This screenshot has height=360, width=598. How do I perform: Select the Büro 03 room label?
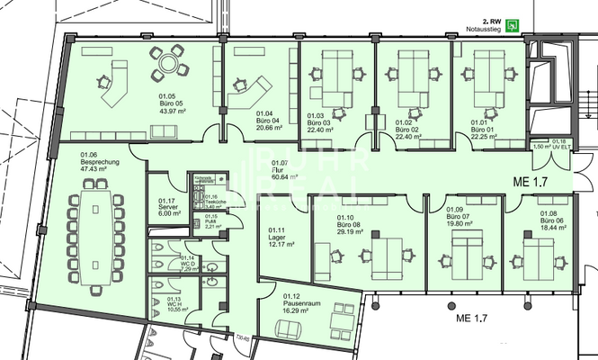click(319, 122)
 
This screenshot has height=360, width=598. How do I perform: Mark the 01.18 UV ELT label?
click(558, 144)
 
